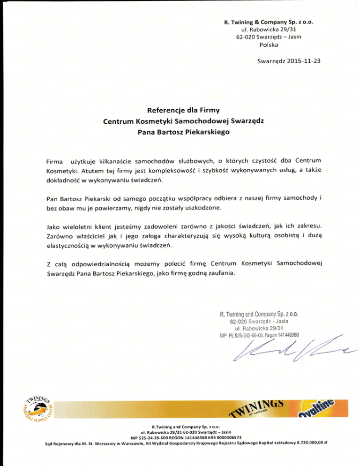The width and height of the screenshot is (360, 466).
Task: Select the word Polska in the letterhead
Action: pos(269,45)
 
